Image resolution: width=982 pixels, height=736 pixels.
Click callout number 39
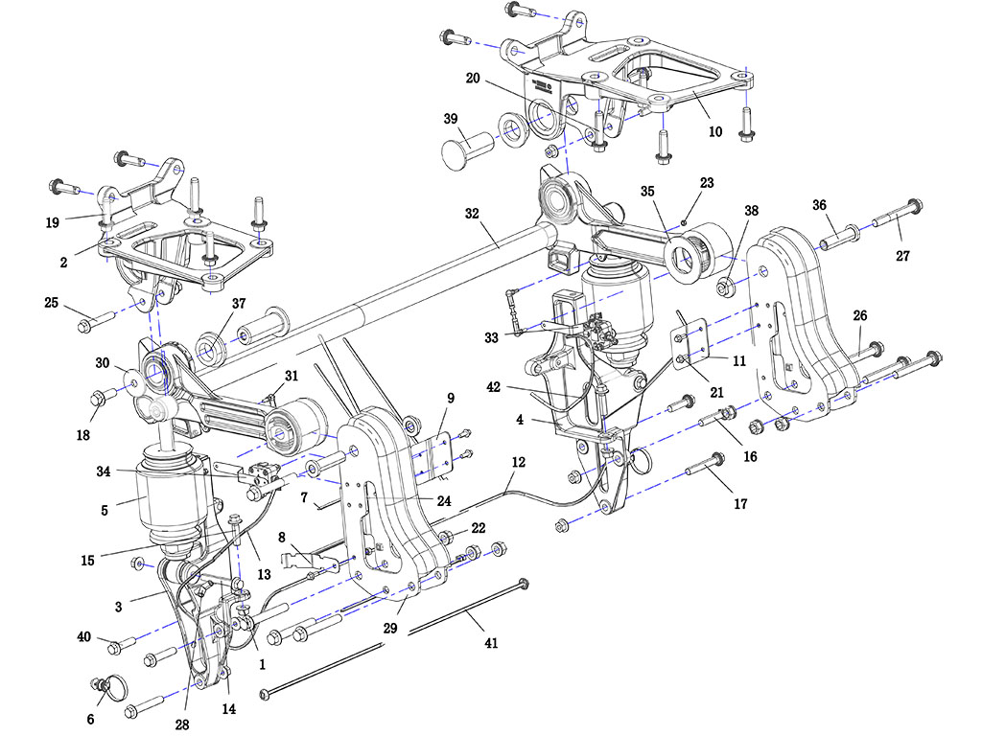click(450, 119)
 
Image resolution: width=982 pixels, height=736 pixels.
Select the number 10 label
click(715, 132)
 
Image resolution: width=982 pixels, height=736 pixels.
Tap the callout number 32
click(472, 214)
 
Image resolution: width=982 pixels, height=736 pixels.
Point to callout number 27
click(902, 256)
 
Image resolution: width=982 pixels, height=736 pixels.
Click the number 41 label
click(491, 645)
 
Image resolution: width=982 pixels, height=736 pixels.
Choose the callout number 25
click(51, 304)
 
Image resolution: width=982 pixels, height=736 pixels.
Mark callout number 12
click(518, 462)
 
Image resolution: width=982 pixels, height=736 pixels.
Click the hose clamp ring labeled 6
click(113, 687)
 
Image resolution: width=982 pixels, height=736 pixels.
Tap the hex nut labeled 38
click(725, 286)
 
